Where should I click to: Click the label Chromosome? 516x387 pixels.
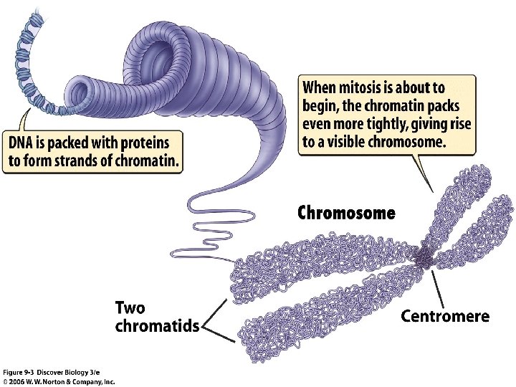point(345,214)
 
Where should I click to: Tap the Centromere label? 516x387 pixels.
point(444,316)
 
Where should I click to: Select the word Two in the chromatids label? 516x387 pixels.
point(130,308)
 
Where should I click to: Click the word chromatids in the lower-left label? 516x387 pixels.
point(158,326)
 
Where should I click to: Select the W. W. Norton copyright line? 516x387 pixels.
point(59,382)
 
